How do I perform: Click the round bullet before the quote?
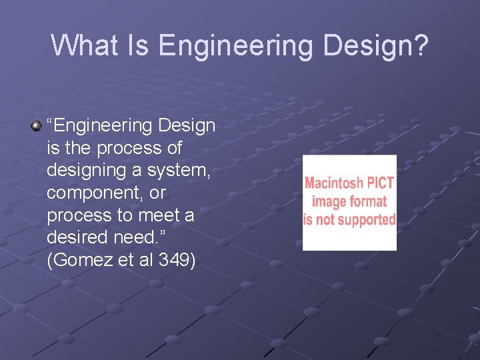point(36,125)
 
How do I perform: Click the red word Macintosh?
point(335,183)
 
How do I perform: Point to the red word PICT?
point(380,183)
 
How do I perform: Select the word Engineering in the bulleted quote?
point(99,125)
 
